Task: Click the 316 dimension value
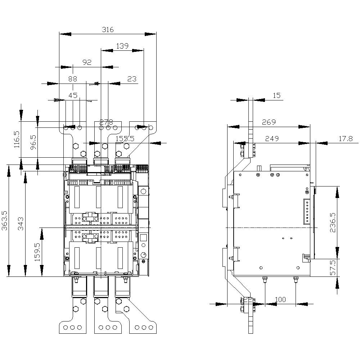coord(107,30)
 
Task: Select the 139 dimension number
coord(122,46)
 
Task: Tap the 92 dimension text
coord(87,62)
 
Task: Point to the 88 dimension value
coord(73,78)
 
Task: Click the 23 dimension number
coord(132,78)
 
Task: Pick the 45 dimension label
coord(73,95)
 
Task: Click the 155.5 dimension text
coord(125,139)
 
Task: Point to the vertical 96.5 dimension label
coord(33,143)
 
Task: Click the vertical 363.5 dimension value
coord(4,222)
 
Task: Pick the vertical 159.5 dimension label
coord(37,252)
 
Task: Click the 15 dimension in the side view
coord(276,95)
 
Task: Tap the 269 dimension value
coord(269,122)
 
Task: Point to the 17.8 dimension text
coord(345,139)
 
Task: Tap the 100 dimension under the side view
coord(280,300)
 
